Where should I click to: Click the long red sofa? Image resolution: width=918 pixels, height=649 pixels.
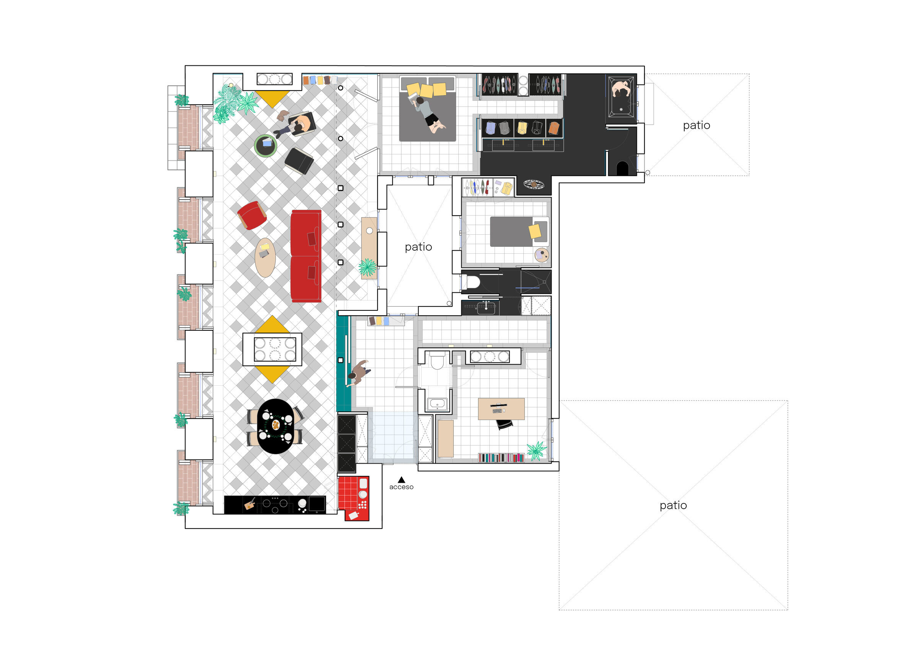306,256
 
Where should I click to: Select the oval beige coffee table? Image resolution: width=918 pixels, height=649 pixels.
265,258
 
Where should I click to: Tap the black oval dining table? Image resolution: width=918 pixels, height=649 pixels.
275,426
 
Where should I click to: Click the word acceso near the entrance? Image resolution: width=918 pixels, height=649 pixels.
401,487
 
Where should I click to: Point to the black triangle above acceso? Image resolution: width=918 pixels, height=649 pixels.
401,480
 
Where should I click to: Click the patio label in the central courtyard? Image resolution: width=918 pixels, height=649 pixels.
418,247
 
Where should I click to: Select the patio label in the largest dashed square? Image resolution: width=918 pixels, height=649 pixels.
673,505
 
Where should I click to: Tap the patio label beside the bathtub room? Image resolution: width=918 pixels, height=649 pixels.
696,125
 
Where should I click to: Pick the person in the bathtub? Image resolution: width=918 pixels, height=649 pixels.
620,89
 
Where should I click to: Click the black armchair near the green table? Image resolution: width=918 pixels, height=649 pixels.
299,161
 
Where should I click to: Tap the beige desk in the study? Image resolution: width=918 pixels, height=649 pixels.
501,408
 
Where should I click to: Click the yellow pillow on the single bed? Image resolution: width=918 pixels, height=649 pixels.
535,231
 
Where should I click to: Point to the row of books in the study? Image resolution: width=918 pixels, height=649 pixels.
501,458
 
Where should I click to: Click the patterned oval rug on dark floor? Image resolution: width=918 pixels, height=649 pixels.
533,184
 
